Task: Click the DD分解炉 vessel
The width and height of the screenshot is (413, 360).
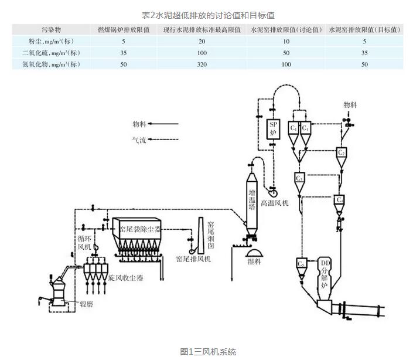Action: [x=326, y=276]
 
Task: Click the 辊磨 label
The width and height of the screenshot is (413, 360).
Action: [x=73, y=303]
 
